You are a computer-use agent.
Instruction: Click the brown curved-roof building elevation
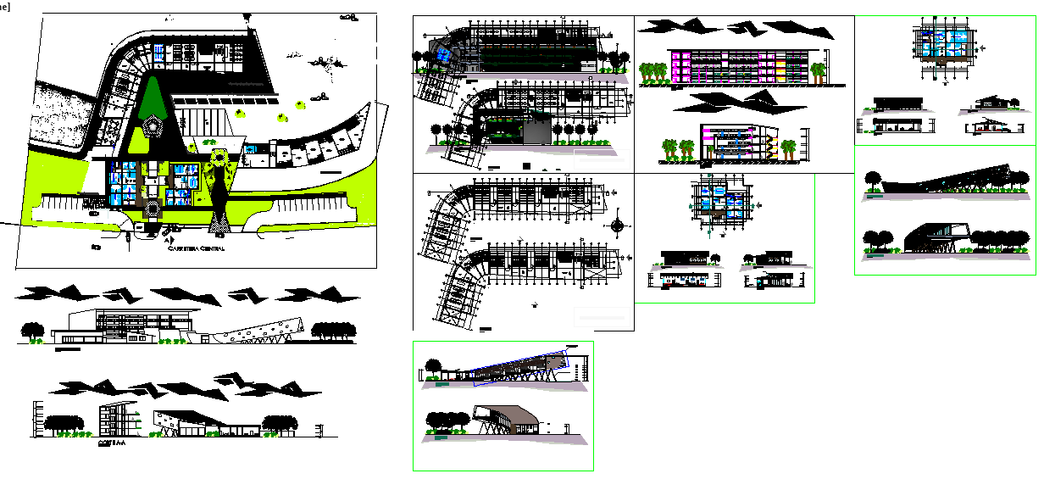pos(506,417)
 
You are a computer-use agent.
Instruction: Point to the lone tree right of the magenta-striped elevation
pos(819,72)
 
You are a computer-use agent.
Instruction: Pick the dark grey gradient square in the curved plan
pos(536,131)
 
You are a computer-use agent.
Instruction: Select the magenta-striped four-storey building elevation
pos(736,66)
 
